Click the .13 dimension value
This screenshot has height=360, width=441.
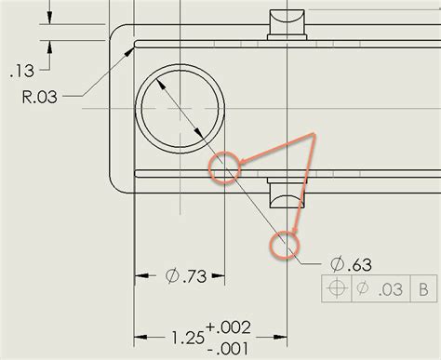[23, 70]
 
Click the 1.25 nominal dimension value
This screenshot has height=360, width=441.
[189, 336]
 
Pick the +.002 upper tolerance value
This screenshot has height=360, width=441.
[231, 327]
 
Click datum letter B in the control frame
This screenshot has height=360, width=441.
[423, 289]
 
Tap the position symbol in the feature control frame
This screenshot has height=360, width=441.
[338, 289]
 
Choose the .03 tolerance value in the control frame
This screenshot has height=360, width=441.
[390, 289]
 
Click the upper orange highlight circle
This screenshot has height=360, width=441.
[223, 169]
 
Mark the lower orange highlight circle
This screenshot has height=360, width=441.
[285, 245]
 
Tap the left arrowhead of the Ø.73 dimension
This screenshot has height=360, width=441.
[141, 276]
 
